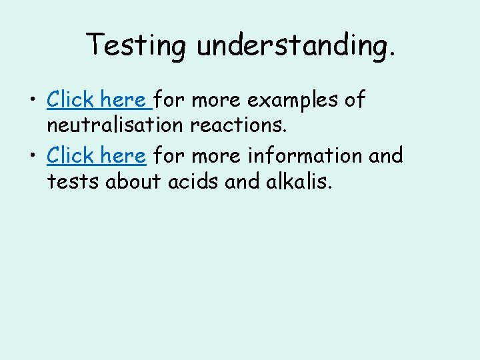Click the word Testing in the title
(x=137, y=45)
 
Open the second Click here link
(x=97, y=156)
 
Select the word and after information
(x=386, y=156)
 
